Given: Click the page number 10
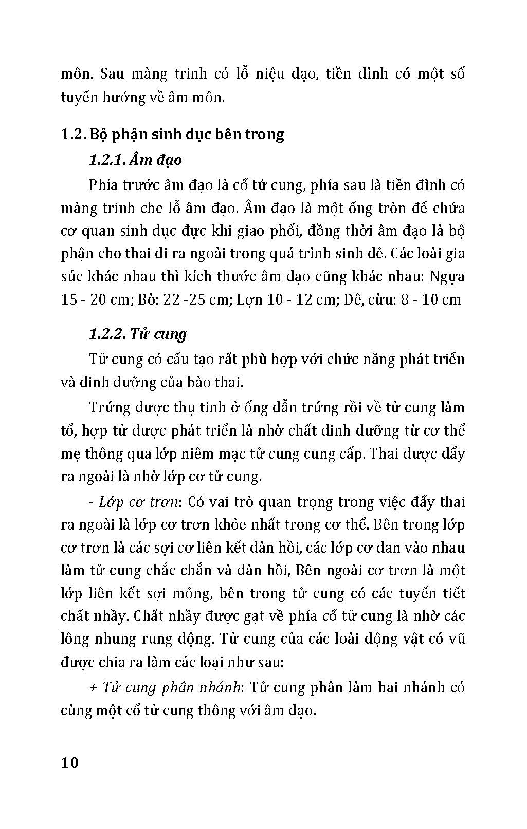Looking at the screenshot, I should pyautogui.click(x=70, y=762).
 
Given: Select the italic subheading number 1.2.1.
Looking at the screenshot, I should pyautogui.click(x=106, y=160).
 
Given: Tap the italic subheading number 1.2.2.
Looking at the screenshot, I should pyautogui.click(x=106, y=334).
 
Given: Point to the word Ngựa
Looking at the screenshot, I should pyautogui.click(x=447, y=277).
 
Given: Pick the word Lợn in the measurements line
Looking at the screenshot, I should pyautogui.click(x=249, y=300).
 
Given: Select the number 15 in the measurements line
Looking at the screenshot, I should pyautogui.click(x=69, y=300).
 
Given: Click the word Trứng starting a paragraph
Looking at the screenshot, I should pyautogui.click(x=108, y=408).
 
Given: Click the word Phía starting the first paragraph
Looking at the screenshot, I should pyautogui.click(x=104, y=185).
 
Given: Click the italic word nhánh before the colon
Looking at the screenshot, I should pyautogui.click(x=219, y=688).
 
